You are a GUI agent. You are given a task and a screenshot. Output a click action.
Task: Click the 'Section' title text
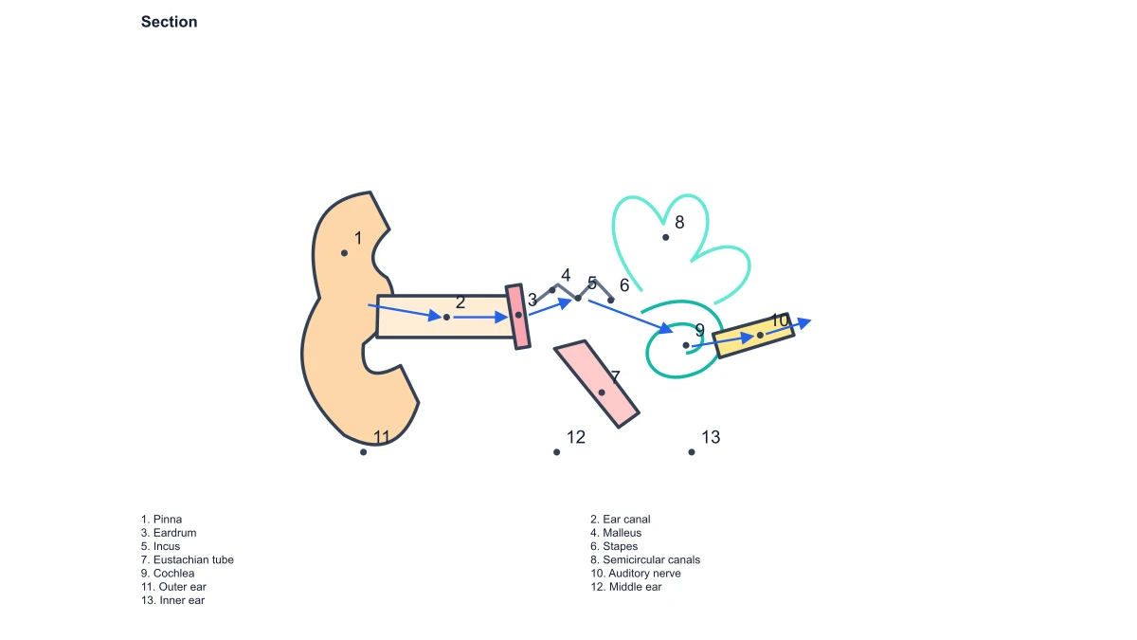(x=169, y=22)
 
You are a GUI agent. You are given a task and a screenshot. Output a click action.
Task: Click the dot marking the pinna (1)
(x=344, y=253)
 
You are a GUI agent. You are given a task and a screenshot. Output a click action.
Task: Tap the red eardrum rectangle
(x=517, y=317)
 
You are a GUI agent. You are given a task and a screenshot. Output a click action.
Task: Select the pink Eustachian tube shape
(x=596, y=384)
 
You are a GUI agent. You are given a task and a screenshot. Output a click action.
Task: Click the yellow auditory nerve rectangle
(x=753, y=336)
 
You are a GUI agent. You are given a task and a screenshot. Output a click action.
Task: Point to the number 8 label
(x=679, y=223)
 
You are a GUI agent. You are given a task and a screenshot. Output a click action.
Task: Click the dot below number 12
(x=557, y=452)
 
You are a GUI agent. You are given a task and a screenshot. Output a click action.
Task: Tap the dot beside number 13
(x=692, y=452)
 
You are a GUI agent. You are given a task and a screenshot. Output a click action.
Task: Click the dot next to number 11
(x=364, y=452)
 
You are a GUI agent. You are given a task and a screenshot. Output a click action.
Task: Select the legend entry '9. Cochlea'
(x=168, y=574)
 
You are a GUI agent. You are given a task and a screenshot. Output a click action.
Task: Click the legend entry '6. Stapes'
(x=614, y=546)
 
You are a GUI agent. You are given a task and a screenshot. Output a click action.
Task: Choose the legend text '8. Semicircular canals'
(x=645, y=559)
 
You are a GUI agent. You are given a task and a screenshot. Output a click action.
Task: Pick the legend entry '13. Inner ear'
(x=172, y=600)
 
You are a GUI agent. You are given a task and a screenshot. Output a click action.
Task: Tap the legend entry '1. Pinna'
(x=161, y=520)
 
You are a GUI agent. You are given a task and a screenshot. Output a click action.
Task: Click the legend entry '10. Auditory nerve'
(x=636, y=574)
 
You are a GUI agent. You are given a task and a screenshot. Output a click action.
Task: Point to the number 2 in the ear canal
(x=460, y=302)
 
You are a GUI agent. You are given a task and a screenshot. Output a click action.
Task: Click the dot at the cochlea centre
(x=686, y=345)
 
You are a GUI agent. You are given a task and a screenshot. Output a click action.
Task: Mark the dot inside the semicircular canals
(x=665, y=237)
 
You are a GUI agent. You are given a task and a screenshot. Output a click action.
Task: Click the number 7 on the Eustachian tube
(x=615, y=377)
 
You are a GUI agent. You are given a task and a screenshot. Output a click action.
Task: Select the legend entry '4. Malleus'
(x=616, y=533)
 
